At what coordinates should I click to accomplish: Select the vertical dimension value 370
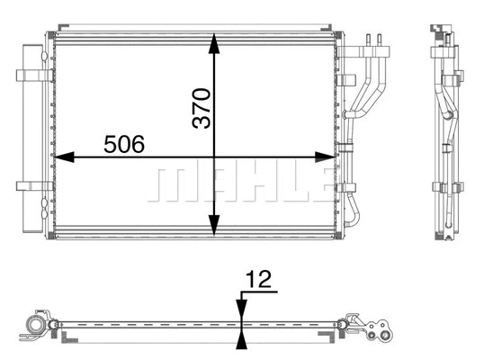click(202, 107)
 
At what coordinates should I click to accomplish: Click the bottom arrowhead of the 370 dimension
click(214, 231)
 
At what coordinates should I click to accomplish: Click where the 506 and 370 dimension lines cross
click(214, 157)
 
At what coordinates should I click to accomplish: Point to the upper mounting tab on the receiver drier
click(32, 77)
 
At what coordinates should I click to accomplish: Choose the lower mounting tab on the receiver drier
click(32, 187)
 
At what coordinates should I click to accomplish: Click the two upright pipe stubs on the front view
click(375, 42)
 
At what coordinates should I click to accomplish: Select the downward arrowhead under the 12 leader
click(241, 311)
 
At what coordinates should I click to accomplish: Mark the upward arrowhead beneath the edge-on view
click(241, 339)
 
